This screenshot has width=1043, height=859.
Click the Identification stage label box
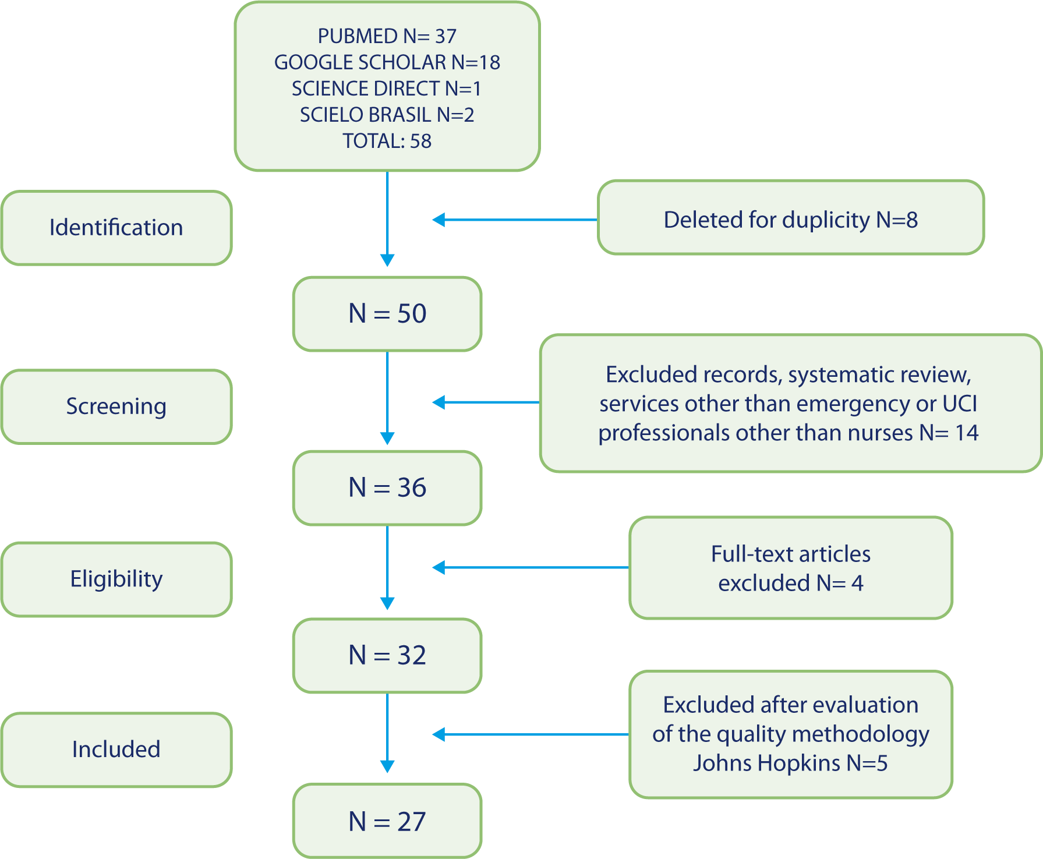(x=116, y=228)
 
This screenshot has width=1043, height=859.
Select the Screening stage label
(x=116, y=406)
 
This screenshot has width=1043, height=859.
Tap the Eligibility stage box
(x=116, y=579)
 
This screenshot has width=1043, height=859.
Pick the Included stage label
(x=116, y=750)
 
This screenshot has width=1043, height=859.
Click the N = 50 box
(x=387, y=314)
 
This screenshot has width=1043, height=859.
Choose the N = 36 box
(x=387, y=487)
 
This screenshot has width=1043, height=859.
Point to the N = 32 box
(x=387, y=655)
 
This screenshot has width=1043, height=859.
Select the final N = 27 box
(x=387, y=822)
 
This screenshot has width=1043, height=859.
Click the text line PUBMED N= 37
(x=387, y=36)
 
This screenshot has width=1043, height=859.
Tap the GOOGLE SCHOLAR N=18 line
(x=387, y=62)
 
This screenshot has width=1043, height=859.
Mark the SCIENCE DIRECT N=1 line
(x=387, y=89)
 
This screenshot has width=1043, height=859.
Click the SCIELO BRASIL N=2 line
(x=387, y=115)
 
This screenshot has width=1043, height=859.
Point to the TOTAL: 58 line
(x=387, y=141)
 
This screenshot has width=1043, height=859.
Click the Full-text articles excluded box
(x=790, y=568)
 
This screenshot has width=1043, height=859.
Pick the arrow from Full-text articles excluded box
(x=530, y=568)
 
